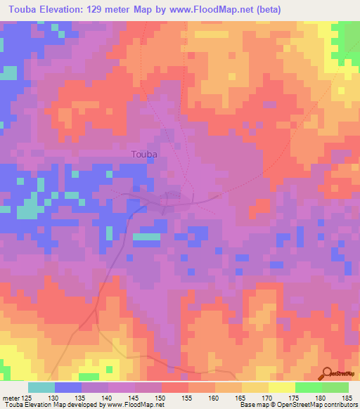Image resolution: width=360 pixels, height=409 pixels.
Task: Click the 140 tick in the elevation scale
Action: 108,398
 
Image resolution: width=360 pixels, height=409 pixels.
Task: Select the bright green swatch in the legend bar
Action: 308,387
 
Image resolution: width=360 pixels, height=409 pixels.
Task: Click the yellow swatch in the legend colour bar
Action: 281,387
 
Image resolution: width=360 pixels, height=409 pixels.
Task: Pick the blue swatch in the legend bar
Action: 67,387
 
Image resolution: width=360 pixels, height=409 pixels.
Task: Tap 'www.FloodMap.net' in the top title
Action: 232,8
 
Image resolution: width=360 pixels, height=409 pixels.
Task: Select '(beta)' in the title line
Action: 297,8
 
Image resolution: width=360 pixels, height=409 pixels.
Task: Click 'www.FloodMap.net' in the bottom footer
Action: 138,405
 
